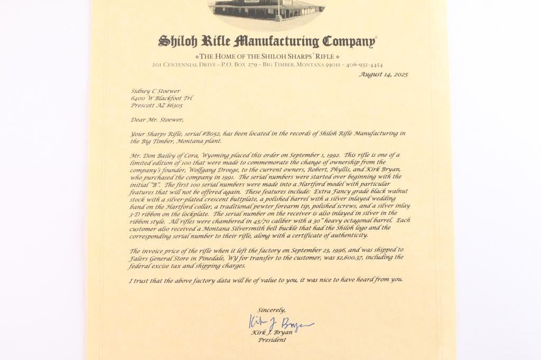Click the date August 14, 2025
[x=383, y=74]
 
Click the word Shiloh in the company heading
[x=178, y=41]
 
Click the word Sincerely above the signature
[x=272, y=309]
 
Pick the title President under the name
[x=272, y=340]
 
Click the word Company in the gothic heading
[x=349, y=41]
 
